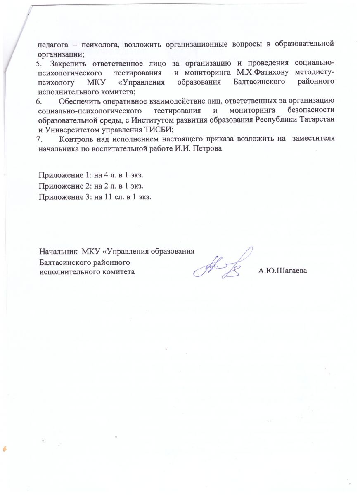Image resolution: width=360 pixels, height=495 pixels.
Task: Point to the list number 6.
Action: click(x=39, y=101)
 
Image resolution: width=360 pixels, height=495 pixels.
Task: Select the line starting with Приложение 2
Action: click(x=91, y=187)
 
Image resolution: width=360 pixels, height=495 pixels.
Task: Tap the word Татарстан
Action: click(x=319, y=120)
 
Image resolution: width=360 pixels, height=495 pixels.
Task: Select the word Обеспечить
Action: click(x=80, y=101)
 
